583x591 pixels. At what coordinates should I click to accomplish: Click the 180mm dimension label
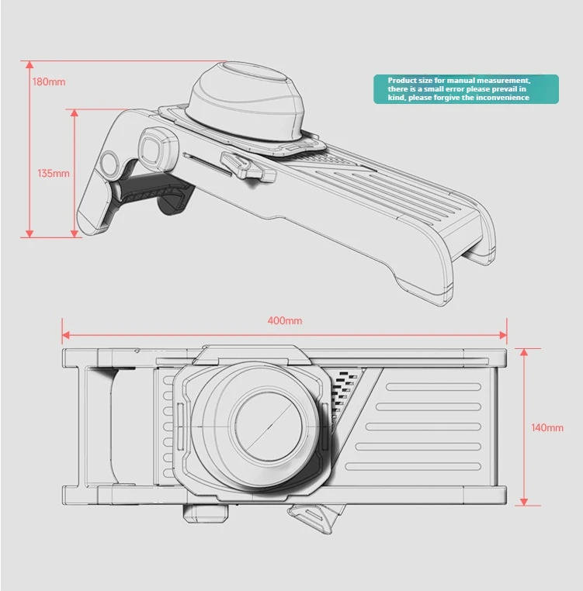click(x=49, y=82)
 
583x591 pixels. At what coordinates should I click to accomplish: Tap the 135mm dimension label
click(x=54, y=173)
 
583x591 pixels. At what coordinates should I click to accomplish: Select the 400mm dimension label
click(x=285, y=320)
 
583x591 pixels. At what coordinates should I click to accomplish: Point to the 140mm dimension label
click(x=548, y=427)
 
